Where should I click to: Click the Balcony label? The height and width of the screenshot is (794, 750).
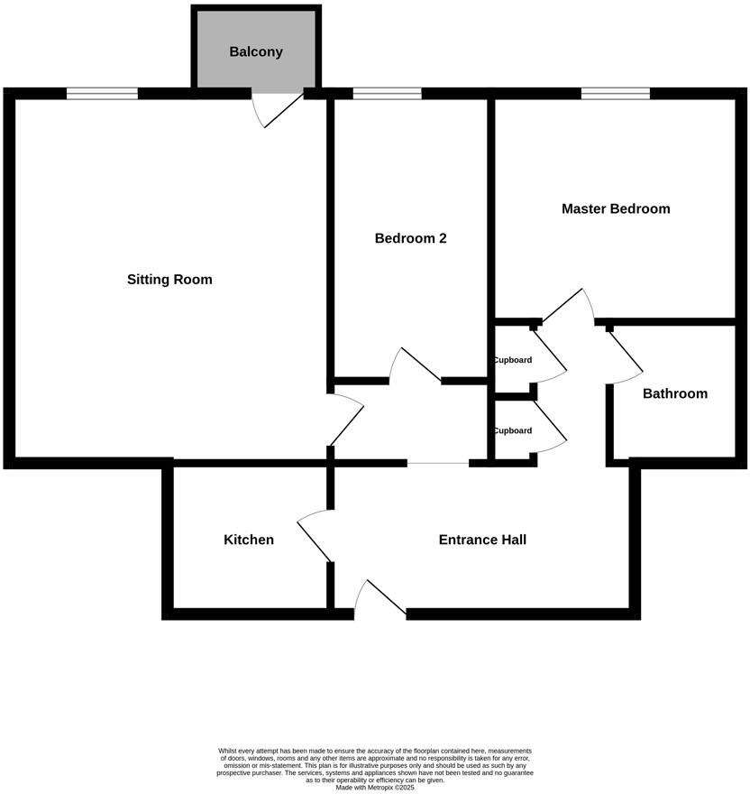point(256,52)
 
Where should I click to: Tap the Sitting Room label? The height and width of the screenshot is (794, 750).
point(169,280)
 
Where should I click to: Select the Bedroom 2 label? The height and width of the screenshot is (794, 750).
point(410,239)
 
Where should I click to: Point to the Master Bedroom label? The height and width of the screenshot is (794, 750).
point(616,209)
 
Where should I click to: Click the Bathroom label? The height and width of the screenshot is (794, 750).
point(674,394)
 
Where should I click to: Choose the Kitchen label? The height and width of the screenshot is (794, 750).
point(249,540)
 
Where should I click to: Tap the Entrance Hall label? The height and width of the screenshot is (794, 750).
point(482,540)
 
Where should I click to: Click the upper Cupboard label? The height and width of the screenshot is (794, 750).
point(512,360)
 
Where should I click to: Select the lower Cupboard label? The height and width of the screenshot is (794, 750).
point(512,430)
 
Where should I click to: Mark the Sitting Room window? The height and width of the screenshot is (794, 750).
point(102,93)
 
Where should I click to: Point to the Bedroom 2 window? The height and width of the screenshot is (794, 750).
point(387,93)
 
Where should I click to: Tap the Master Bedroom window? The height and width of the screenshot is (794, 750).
point(616,93)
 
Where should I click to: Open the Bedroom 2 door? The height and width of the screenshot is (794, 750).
point(414,365)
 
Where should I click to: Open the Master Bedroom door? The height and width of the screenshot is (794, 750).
point(568,307)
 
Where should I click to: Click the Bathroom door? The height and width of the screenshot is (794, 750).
point(624,353)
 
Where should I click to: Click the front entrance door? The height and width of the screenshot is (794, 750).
point(380,599)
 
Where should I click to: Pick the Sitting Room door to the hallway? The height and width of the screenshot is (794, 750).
point(347,420)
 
